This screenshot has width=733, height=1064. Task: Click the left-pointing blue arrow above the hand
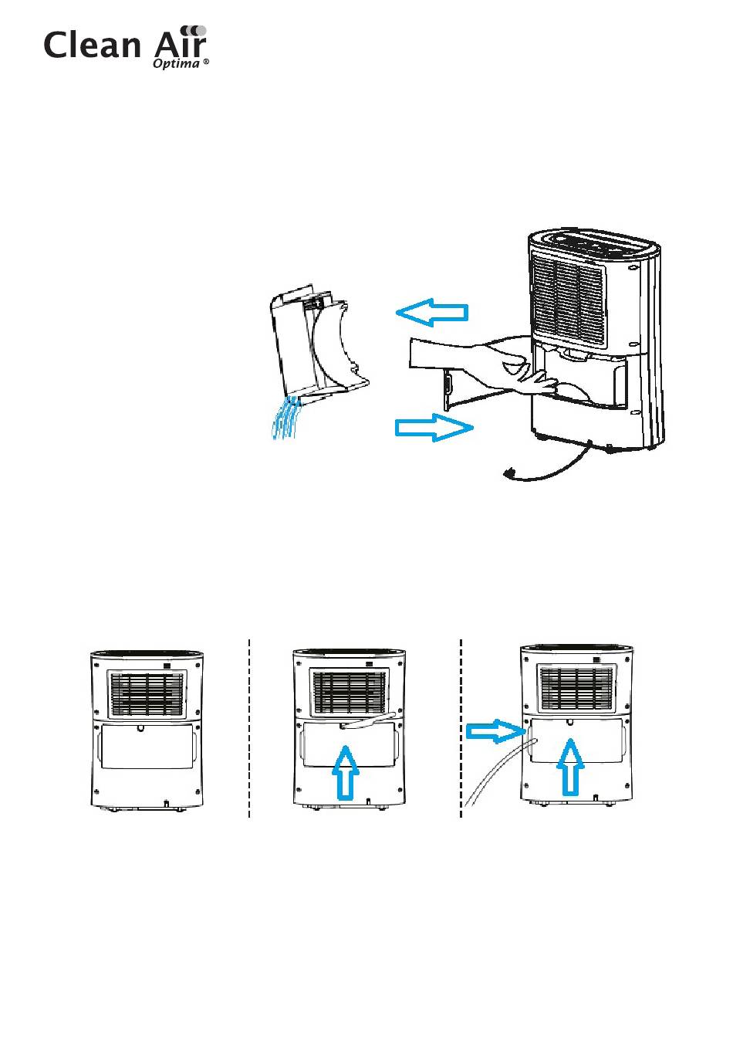click(432, 312)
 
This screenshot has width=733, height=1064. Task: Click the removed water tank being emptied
click(316, 347)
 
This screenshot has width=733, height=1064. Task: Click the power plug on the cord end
click(510, 472)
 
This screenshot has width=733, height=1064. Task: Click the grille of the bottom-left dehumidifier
click(147, 693)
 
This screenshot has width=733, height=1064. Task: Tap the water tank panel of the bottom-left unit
click(147, 746)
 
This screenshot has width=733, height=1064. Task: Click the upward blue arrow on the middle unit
click(346, 771)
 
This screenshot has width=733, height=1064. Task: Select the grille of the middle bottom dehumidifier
click(350, 692)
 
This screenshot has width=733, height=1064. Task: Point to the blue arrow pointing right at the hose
click(495, 730)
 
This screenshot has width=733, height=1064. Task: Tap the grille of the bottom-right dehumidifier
click(576, 690)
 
